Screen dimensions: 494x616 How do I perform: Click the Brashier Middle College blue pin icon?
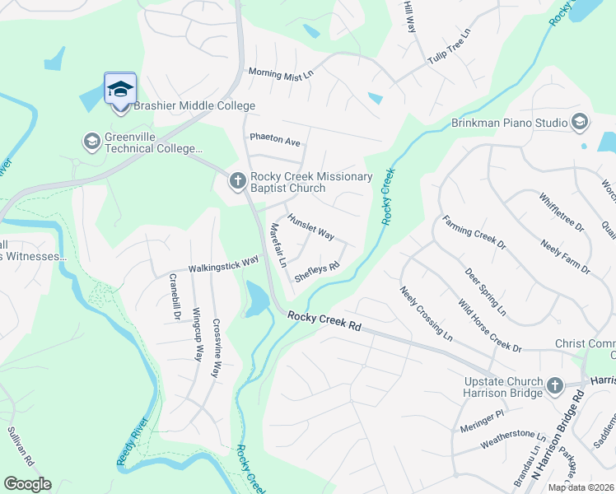[x=120, y=89]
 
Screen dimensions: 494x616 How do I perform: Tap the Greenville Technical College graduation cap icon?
[x=91, y=142]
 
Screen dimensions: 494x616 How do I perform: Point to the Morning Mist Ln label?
[x=282, y=73]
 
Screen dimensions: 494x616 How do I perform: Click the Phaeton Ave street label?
[x=275, y=141]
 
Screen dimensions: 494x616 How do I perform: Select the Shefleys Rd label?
[x=317, y=272]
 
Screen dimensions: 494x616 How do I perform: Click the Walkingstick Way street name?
[x=223, y=264]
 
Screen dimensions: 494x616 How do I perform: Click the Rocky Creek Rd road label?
[x=324, y=320]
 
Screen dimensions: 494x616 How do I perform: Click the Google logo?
[x=27, y=484]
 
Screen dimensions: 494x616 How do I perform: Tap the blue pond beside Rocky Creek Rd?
[x=256, y=301]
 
